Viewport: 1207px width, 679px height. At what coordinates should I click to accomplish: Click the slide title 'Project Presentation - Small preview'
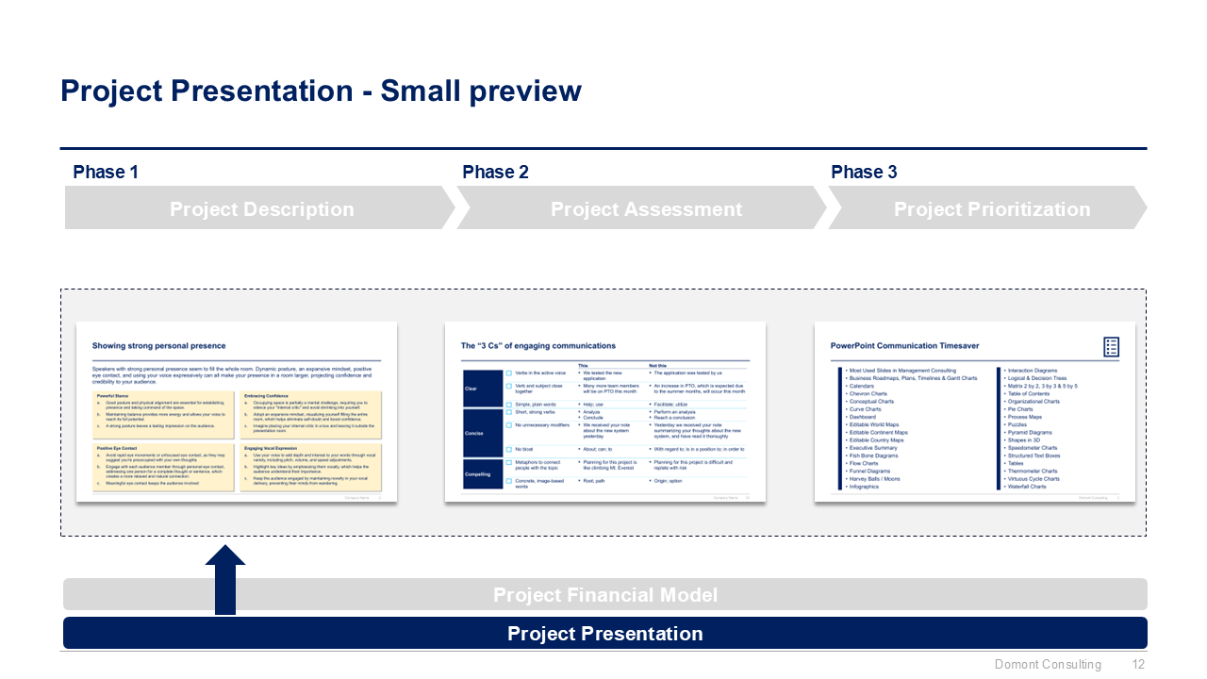321,91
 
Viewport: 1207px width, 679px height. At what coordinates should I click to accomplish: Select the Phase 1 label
106,172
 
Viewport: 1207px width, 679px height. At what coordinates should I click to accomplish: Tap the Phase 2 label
495,172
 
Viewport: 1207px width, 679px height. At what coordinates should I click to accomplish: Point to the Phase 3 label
864,172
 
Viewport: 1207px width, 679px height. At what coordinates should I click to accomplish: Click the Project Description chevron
260,208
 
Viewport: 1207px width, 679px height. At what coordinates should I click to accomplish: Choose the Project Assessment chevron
645,208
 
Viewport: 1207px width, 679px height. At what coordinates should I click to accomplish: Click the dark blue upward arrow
224,581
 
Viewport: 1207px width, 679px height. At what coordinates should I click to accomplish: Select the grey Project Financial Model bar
604,595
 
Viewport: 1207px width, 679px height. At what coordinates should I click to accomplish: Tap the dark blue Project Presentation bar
604,633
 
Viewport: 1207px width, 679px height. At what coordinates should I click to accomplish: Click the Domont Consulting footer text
1048,665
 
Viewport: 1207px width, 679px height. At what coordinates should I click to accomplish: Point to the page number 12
1138,665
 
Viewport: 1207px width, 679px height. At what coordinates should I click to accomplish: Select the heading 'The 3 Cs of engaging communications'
537,346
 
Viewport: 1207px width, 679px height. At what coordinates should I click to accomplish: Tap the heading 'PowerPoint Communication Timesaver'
904,346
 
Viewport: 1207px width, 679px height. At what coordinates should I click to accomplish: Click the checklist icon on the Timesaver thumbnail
1111,347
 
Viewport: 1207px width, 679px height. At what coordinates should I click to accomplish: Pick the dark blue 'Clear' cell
483,389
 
